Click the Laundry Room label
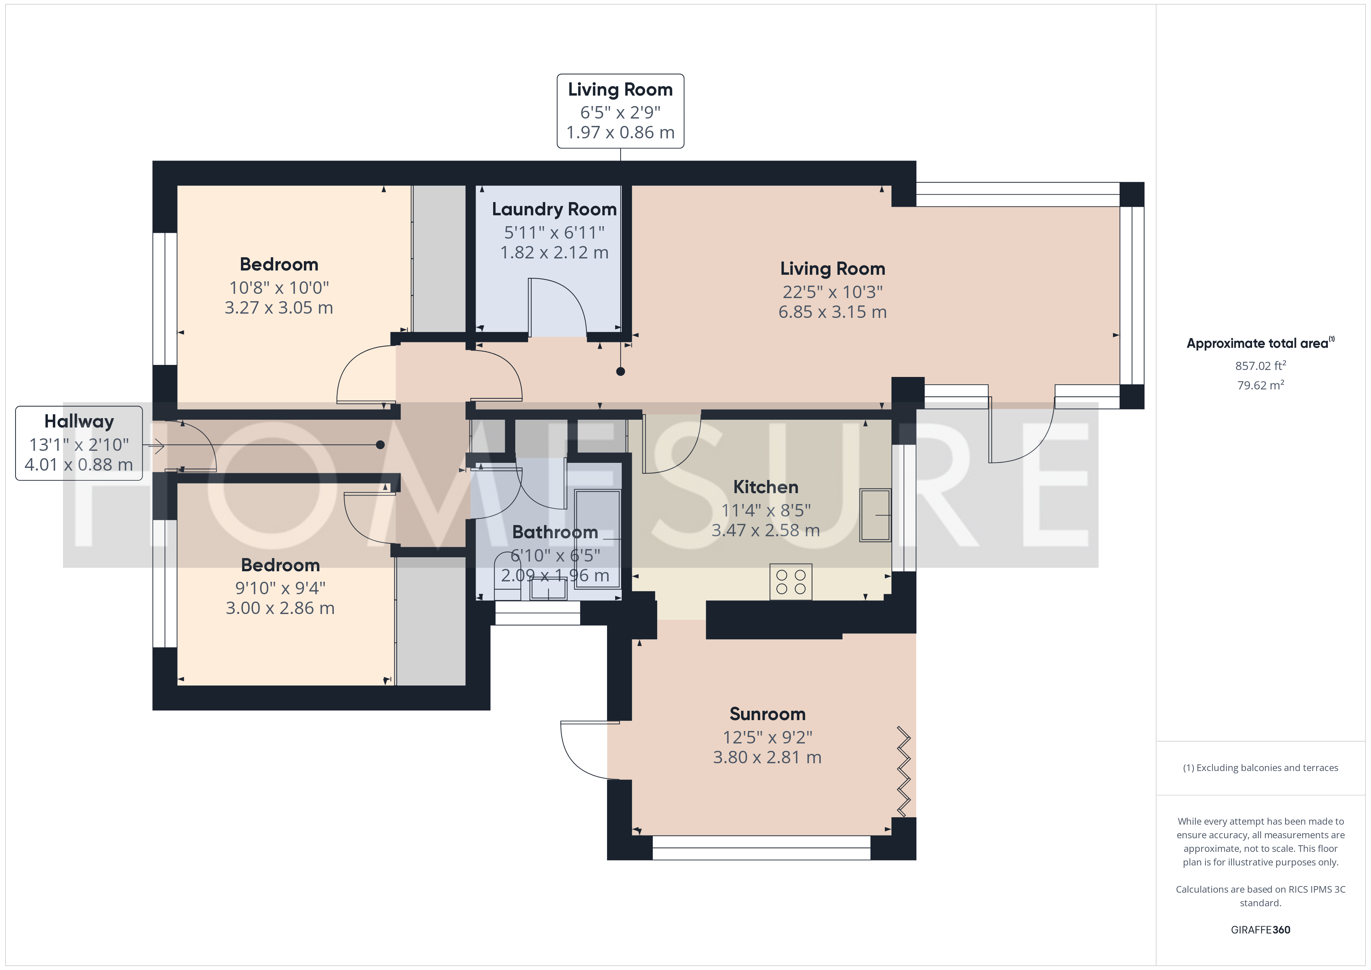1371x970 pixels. (x=554, y=209)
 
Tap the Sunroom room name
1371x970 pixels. (x=767, y=714)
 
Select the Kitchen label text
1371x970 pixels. (x=766, y=487)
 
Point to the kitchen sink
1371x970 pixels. (x=875, y=515)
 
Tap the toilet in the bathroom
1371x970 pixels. (x=508, y=576)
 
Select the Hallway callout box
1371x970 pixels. (x=79, y=443)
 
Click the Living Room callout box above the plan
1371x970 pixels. (x=621, y=111)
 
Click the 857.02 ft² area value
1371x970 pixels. (x=1261, y=366)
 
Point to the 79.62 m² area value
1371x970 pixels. (x=1261, y=385)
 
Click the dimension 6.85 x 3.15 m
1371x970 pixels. (x=832, y=312)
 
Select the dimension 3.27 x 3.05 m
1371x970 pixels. (x=279, y=308)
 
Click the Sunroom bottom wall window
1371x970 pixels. (x=761, y=848)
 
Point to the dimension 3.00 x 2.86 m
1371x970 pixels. (x=280, y=608)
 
